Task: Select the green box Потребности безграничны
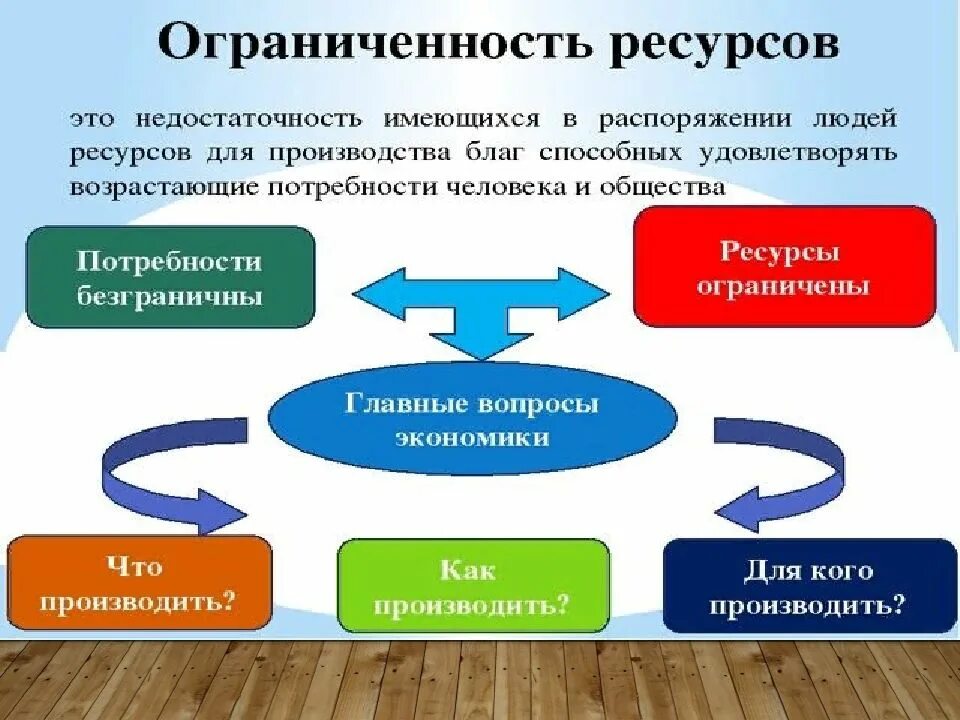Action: click(x=170, y=277)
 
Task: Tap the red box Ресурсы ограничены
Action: click(x=784, y=267)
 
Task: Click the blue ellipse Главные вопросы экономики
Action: click(x=473, y=419)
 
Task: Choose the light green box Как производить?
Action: click(x=473, y=586)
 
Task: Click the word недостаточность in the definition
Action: click(x=237, y=118)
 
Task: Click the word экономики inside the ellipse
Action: click(x=472, y=437)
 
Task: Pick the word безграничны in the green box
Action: click(x=169, y=297)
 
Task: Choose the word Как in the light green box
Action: click(x=467, y=570)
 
